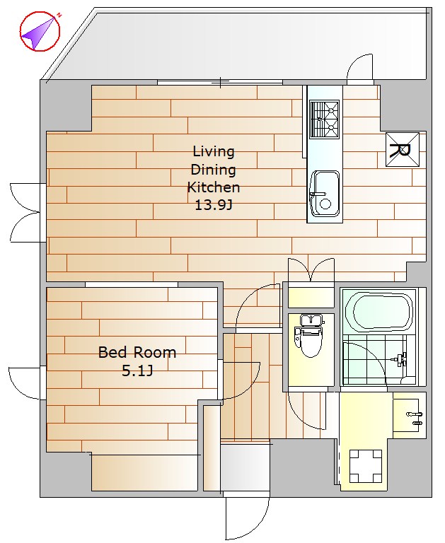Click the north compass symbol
click(40, 32)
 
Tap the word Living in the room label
click(214, 152)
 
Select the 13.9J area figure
click(214, 205)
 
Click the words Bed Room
click(137, 353)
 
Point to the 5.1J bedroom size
click(137, 371)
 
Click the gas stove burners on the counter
click(325, 119)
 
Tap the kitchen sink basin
click(325, 194)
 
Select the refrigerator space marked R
click(403, 150)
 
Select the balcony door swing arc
click(359, 68)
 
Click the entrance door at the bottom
click(247, 518)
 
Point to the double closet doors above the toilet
click(311, 271)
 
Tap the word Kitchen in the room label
click(214, 187)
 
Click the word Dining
click(214, 170)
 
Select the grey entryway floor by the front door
click(245, 467)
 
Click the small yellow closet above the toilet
click(311, 297)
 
